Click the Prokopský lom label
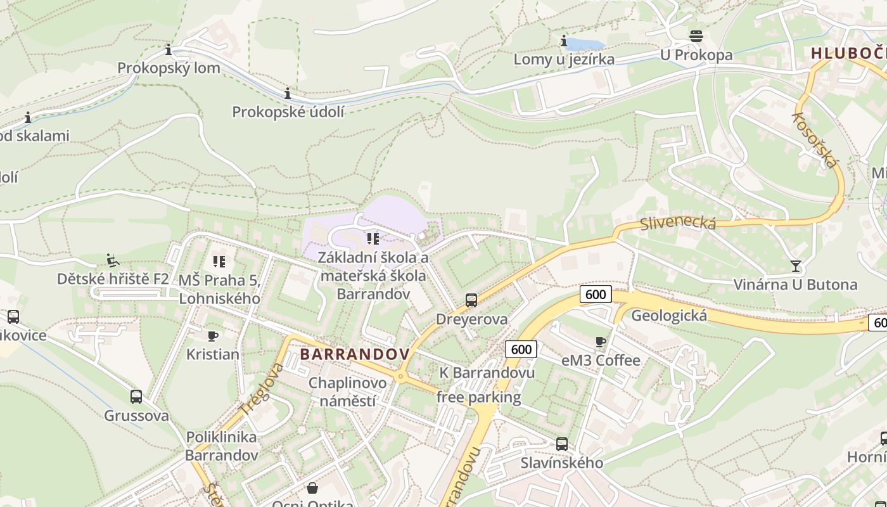coord(169,68)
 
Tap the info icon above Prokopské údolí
coord(288,94)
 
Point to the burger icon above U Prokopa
coord(696,35)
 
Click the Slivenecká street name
coord(678,223)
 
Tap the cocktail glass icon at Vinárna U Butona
coord(796,266)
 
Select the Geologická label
coord(669,316)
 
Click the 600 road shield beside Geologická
coord(595,294)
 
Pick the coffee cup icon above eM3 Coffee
coord(601,342)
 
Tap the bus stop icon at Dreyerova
coord(471,300)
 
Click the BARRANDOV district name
coord(355,354)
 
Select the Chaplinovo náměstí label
coord(347,392)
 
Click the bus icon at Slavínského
coord(562,444)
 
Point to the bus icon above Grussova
coord(136,397)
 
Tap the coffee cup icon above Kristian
coord(213,336)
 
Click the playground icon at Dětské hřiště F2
coord(113,260)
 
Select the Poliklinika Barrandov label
coord(222,446)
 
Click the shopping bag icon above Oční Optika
coord(312,488)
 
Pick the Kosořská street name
coord(815,140)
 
